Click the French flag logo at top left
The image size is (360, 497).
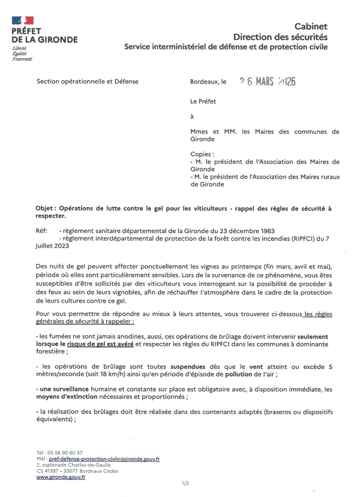23,21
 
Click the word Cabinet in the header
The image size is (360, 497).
311,27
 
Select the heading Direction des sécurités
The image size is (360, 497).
280,37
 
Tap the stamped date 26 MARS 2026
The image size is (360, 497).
267,82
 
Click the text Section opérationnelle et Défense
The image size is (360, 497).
88,81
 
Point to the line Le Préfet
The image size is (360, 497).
203,101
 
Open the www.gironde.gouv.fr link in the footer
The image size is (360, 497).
61,477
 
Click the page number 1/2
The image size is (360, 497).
185,483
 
